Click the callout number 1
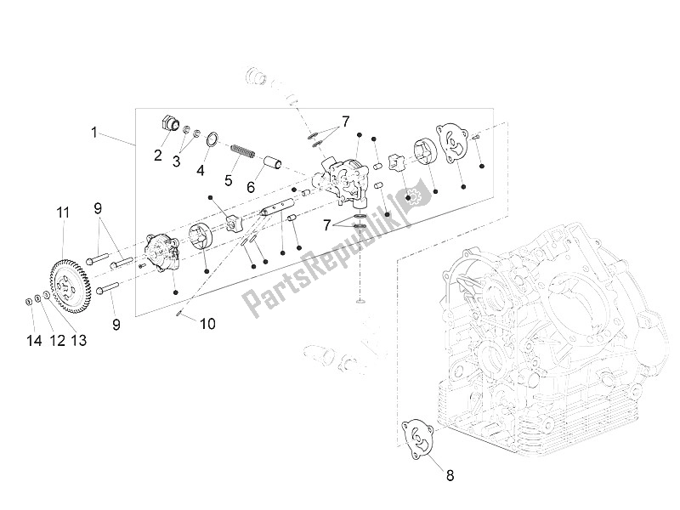(x=96, y=133)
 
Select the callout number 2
(x=158, y=155)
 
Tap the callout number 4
(x=201, y=169)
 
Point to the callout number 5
(x=227, y=179)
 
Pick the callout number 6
(x=252, y=186)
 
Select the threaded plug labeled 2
(x=170, y=125)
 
